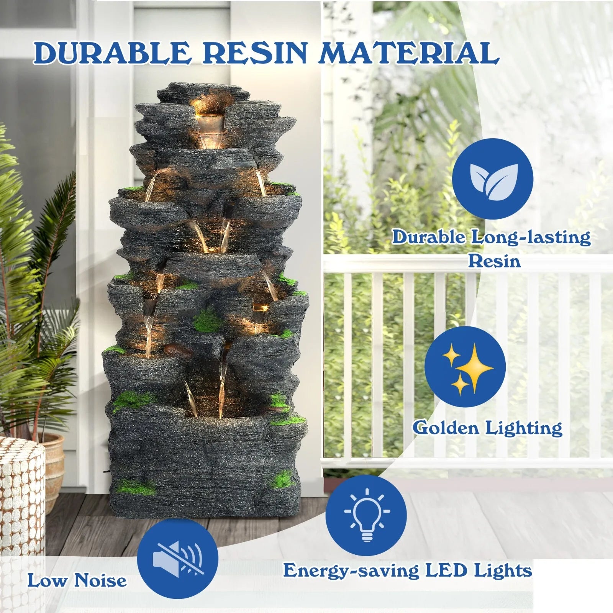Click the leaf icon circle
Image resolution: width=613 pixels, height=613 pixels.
(492, 179)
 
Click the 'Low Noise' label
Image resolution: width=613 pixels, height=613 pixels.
(77, 580)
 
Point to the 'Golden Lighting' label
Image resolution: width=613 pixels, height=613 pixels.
(488, 428)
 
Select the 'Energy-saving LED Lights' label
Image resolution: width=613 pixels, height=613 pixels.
(408, 570)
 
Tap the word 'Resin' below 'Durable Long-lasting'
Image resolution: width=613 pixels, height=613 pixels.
(495, 261)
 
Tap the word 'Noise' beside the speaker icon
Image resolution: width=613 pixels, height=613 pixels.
(100, 580)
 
